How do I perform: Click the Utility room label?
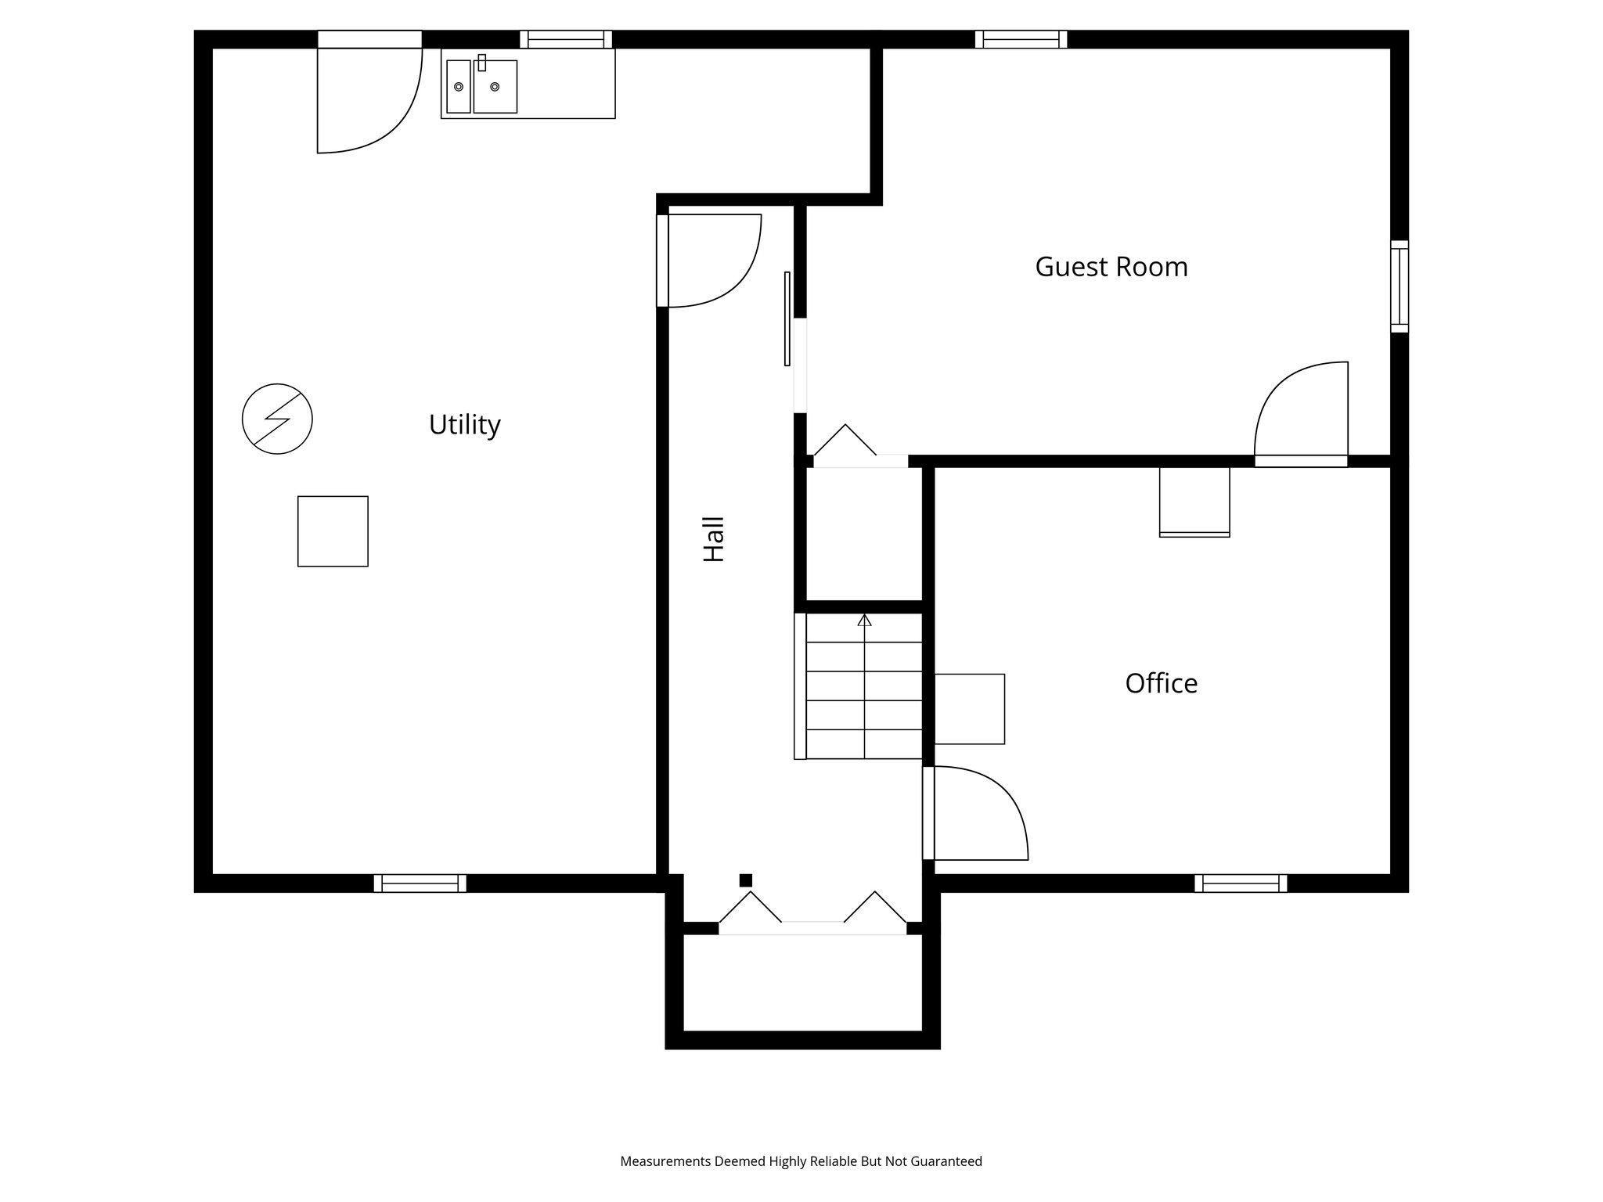coord(464,425)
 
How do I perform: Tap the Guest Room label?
coord(1111,267)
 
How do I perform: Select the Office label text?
coord(1161,683)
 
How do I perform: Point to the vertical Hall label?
coord(714,539)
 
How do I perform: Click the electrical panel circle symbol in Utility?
coord(277,419)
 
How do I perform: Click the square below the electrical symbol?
coord(333,531)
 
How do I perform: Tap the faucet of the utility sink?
coord(482,63)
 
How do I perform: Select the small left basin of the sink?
coord(459,86)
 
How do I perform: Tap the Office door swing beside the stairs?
coord(978,814)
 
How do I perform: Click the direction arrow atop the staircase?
coord(864,621)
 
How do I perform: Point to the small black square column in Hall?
coord(746,880)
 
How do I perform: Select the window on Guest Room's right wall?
coord(1399,286)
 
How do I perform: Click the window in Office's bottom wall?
coord(1241,884)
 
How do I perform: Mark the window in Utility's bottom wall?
coord(420,884)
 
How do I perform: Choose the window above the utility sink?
coord(566,39)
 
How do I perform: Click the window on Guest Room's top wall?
coord(1021,39)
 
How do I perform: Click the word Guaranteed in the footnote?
coord(946,1161)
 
